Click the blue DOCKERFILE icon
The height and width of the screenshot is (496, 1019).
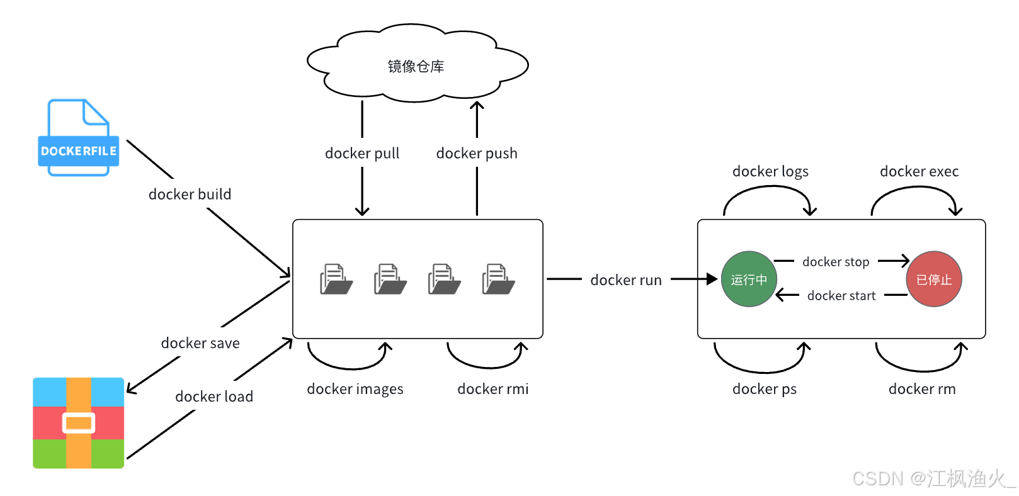point(79,138)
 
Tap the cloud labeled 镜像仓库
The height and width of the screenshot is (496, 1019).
point(416,66)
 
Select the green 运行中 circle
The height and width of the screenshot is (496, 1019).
point(749,279)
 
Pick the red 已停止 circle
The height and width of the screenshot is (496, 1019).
point(934,279)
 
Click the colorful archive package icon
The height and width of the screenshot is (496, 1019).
point(79,423)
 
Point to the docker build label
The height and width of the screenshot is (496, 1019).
point(190,194)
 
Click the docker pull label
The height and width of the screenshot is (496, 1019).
point(362,154)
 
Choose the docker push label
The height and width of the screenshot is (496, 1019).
point(477,154)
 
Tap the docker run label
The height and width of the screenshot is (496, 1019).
point(626,280)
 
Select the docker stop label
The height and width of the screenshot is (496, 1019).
point(836,262)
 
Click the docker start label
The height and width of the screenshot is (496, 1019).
point(841,296)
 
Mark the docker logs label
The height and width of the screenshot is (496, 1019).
point(770,172)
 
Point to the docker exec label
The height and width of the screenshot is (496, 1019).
point(919,172)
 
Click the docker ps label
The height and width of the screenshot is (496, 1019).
point(765,389)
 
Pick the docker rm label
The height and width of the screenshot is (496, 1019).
point(922,389)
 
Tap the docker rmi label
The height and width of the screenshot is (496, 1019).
point(493,389)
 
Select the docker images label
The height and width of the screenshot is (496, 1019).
point(355,389)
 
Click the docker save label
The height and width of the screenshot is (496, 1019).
point(200,343)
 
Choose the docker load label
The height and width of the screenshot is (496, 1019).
point(214,397)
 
